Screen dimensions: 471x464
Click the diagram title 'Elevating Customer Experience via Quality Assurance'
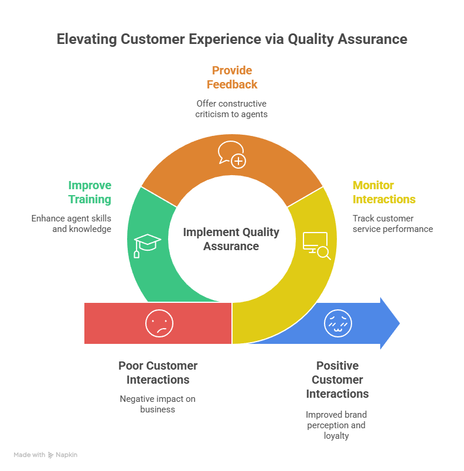[231, 39]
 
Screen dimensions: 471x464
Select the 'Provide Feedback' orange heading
[232, 77]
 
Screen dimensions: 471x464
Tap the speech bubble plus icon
[231, 153]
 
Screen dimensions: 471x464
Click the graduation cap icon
[147, 244]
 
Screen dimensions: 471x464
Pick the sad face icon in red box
[159, 323]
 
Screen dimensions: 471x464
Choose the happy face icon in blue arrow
[336, 323]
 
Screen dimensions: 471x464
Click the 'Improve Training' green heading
[90, 192]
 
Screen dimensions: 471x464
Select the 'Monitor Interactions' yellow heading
[384, 192]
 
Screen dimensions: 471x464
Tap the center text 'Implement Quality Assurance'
[231, 239]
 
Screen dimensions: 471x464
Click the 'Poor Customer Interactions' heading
[158, 373]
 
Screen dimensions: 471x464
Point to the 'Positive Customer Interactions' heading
[337, 380]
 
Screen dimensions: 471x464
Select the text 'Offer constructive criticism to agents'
[231, 109]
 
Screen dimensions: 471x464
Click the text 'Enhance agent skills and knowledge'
[71, 224]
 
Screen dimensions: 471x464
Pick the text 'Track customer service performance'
[393, 224]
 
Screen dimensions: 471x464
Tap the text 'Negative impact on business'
[158, 404]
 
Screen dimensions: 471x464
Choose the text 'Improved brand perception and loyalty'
[336, 425]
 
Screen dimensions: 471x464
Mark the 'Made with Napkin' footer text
[46, 455]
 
